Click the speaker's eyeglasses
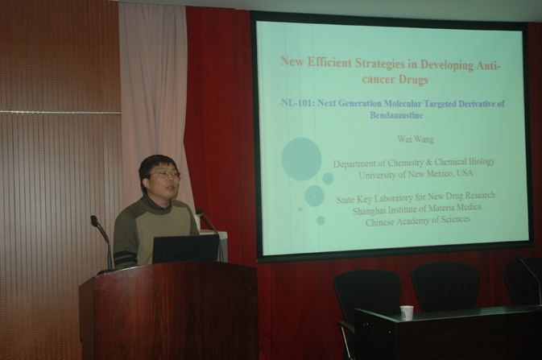point(164,174)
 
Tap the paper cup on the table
point(407,313)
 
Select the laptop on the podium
point(185,249)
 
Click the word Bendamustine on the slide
point(396,115)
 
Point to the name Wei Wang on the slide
point(416,139)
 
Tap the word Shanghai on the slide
point(369,210)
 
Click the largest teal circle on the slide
point(301,159)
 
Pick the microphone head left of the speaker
point(94,220)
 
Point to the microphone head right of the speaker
point(200,211)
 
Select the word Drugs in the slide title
point(413,80)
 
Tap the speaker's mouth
point(171,188)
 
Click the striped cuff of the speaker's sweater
point(125,259)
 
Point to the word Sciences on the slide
point(454,219)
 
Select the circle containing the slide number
point(314,196)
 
